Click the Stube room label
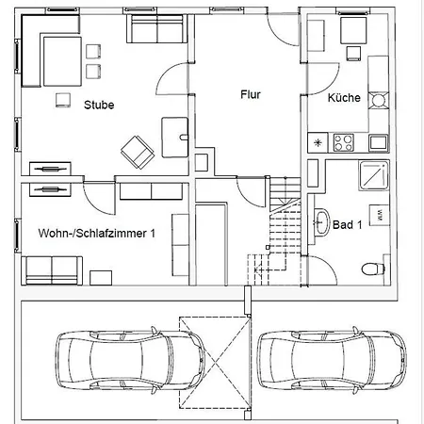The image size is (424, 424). pyautogui.click(x=99, y=105)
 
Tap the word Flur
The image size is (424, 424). pyautogui.click(x=251, y=94)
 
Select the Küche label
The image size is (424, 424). pyautogui.click(x=344, y=97)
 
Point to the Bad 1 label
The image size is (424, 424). pyautogui.click(x=348, y=225)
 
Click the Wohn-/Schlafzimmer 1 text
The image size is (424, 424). pyautogui.click(x=97, y=234)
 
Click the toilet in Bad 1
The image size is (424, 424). pyautogui.click(x=373, y=269)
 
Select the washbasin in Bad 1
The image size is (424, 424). pyautogui.click(x=322, y=222)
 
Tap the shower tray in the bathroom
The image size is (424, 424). pyautogui.click(x=374, y=175)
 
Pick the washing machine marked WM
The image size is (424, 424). pyautogui.click(x=380, y=215)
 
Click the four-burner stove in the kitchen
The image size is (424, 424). pyautogui.click(x=343, y=142)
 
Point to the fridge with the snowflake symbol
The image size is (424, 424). pyautogui.click(x=318, y=143)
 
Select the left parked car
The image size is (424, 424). pyautogui.click(x=130, y=361)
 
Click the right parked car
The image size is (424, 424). pyautogui.click(x=332, y=361)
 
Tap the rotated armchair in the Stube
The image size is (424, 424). pyautogui.click(x=138, y=153)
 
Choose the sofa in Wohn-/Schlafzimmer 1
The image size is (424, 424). pyautogui.click(x=52, y=270)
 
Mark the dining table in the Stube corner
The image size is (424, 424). pyautogui.click(x=62, y=61)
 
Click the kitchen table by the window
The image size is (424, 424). pyautogui.click(x=353, y=30)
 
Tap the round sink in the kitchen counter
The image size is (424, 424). pyautogui.click(x=379, y=101)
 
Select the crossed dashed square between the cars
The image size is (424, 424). pyautogui.click(x=215, y=363)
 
